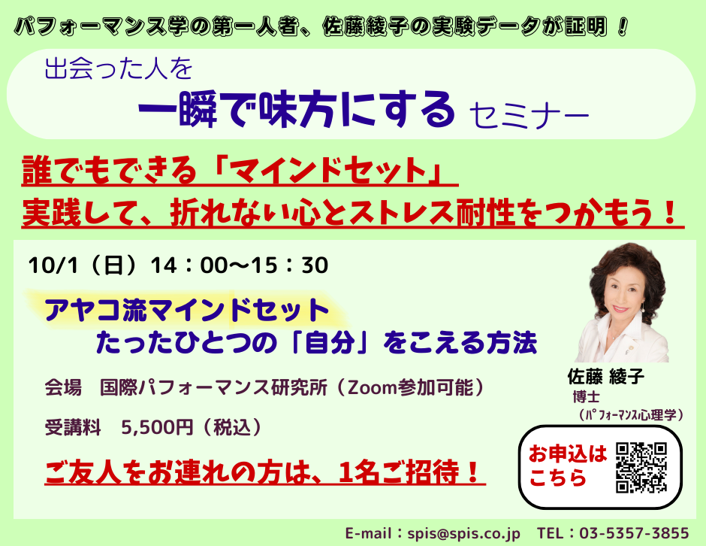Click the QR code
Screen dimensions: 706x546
[641, 468]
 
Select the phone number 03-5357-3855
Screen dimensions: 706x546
[634, 533]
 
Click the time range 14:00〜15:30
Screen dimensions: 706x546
[239, 265]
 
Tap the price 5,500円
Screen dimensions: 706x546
[157, 427]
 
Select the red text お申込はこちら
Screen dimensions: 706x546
[568, 466]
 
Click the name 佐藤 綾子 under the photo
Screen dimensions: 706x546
[606, 377]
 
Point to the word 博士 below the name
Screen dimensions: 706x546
[587, 397]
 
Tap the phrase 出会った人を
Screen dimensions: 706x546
[119, 69]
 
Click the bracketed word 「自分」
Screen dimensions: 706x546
[329, 344]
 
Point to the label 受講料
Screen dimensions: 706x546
[73, 427]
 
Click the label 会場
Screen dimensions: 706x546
[63, 388]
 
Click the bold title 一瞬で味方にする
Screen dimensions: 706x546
[296, 110]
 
